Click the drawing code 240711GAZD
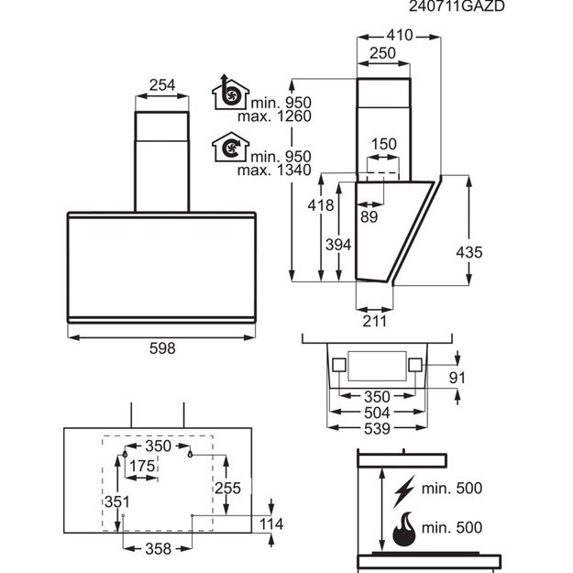click(x=457, y=6)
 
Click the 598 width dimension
click(x=162, y=348)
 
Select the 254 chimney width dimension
click(x=162, y=85)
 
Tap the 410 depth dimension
click(x=400, y=36)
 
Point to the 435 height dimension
click(x=469, y=252)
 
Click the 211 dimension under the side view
click(x=375, y=321)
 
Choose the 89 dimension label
click(x=369, y=216)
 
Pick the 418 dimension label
click(x=321, y=205)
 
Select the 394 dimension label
click(x=338, y=245)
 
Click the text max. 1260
click(x=274, y=116)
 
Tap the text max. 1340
click(x=274, y=170)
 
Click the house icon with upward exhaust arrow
click(x=230, y=92)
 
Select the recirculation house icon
click(x=230, y=147)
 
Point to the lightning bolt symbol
click(x=404, y=491)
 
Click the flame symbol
click(x=404, y=529)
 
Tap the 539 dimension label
click(x=377, y=429)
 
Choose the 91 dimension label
click(x=457, y=378)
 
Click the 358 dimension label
click(x=159, y=548)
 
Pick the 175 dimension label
click(x=142, y=466)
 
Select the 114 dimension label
click(x=271, y=524)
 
